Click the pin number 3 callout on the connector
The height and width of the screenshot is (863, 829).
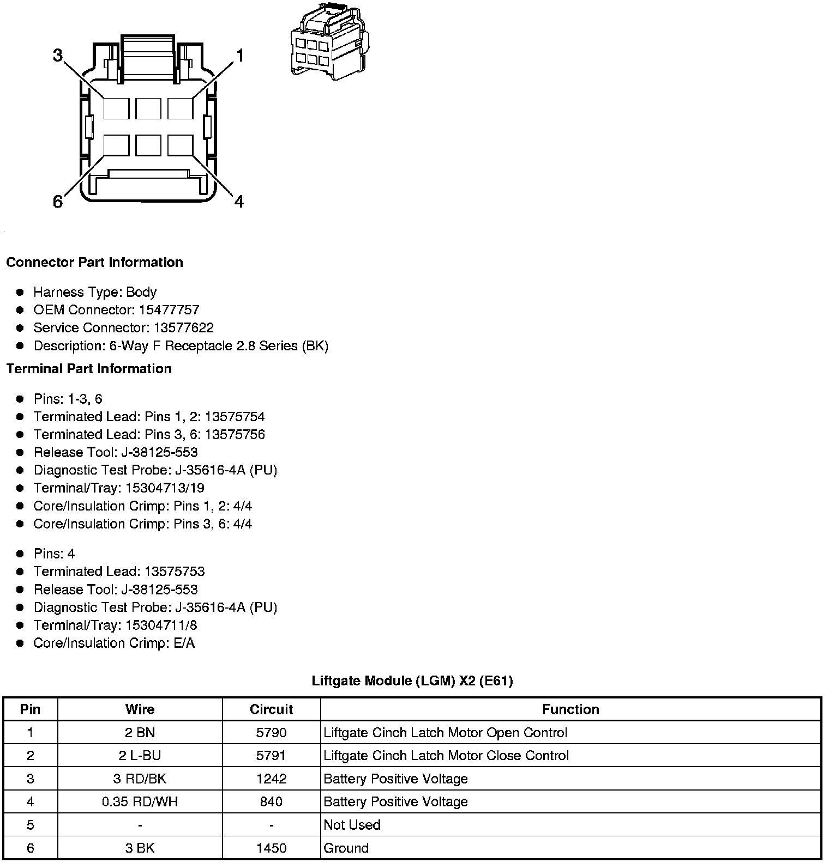tap(58, 56)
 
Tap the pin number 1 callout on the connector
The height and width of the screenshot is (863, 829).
tap(239, 56)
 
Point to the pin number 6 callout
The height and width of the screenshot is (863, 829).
tap(58, 202)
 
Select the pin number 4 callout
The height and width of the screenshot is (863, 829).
tap(239, 202)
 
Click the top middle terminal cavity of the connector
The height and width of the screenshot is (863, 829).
tap(148, 108)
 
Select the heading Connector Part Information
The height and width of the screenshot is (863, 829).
tap(94, 262)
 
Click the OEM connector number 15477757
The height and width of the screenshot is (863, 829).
tap(169, 310)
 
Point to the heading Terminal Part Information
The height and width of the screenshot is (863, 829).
tap(89, 369)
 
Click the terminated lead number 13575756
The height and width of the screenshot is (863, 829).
tap(235, 435)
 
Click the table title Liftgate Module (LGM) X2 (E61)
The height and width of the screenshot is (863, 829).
tap(412, 680)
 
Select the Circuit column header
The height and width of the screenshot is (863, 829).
tap(271, 709)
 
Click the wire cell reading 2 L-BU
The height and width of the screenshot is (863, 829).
tap(140, 756)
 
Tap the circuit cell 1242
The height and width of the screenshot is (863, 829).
tap(271, 779)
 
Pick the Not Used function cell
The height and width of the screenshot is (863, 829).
tap(352, 825)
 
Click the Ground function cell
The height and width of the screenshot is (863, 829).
tap(346, 848)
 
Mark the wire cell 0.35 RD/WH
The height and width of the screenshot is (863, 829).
tap(140, 802)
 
